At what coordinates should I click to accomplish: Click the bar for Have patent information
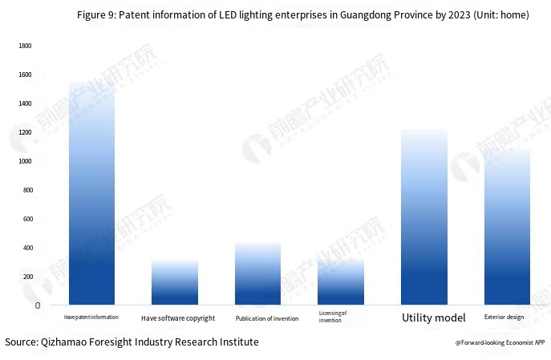point(91,192)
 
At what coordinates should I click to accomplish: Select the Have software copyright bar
point(175,282)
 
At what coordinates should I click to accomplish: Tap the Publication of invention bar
point(258,273)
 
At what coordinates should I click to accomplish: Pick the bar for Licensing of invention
point(341,281)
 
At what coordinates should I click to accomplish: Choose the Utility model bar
point(424,216)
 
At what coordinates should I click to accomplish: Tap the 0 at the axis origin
point(37,305)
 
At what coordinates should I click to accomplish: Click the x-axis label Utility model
point(433,318)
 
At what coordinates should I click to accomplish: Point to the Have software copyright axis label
point(178,318)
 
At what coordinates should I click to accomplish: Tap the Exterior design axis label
point(504,318)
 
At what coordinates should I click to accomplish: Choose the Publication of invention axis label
point(266,318)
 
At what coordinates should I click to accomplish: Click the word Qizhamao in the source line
point(69,342)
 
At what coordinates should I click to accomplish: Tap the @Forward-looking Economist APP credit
point(500,342)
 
